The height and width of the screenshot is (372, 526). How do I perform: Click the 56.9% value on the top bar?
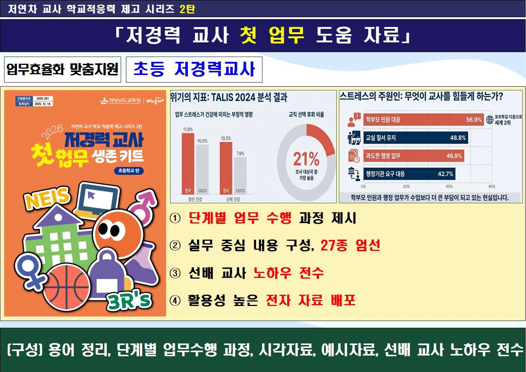(x=474, y=120)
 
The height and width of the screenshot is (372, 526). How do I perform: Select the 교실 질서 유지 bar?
(x=415, y=138)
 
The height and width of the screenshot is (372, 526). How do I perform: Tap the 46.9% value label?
(x=454, y=156)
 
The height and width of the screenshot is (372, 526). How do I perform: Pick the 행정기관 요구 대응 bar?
(x=409, y=174)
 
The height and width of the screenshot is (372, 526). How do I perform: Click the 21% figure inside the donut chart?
(x=306, y=159)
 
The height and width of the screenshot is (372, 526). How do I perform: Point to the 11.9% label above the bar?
(x=188, y=129)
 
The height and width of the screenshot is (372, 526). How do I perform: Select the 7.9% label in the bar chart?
(x=240, y=153)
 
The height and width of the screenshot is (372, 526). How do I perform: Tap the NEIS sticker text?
(x=47, y=198)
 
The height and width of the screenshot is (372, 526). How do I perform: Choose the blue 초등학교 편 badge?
(x=129, y=171)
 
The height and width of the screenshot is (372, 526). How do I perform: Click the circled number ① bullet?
(x=175, y=218)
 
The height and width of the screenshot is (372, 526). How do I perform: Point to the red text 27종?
(x=334, y=245)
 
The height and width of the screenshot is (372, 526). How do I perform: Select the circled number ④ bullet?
(x=175, y=300)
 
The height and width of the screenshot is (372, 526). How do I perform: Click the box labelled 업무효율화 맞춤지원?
(x=63, y=69)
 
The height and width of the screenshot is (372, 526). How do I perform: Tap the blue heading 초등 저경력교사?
(x=194, y=69)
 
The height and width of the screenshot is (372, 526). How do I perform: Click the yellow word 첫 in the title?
(x=248, y=36)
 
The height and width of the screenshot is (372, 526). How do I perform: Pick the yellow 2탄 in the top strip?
(x=187, y=9)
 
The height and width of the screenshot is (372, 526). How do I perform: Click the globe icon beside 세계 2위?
(x=490, y=120)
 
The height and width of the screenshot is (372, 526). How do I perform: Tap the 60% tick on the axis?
(x=492, y=186)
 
